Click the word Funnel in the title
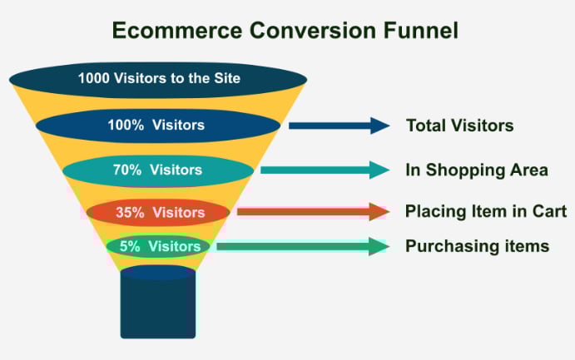(x=421, y=30)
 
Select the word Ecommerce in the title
(x=177, y=30)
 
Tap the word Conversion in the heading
(x=313, y=30)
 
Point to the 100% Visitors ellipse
(x=158, y=126)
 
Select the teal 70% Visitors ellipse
(x=158, y=170)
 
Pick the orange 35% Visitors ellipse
(x=158, y=212)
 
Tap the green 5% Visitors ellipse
(x=158, y=246)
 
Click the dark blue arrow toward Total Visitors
(x=340, y=126)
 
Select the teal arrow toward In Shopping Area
(x=325, y=170)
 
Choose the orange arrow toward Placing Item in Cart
(x=313, y=212)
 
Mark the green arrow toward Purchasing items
(x=303, y=246)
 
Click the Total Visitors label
(x=460, y=126)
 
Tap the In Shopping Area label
(x=477, y=170)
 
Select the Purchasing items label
(x=477, y=246)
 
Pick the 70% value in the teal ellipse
(x=126, y=170)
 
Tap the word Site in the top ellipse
(x=227, y=78)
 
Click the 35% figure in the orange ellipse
(x=130, y=212)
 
